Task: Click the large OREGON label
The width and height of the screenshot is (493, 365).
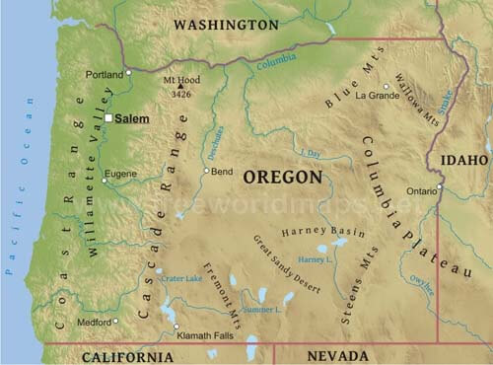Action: click(283, 178)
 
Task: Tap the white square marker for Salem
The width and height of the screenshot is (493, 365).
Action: click(108, 118)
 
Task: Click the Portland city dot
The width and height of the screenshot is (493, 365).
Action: click(128, 73)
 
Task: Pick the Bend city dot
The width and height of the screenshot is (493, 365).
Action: click(206, 171)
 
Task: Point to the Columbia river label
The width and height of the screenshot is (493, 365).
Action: click(276, 61)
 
